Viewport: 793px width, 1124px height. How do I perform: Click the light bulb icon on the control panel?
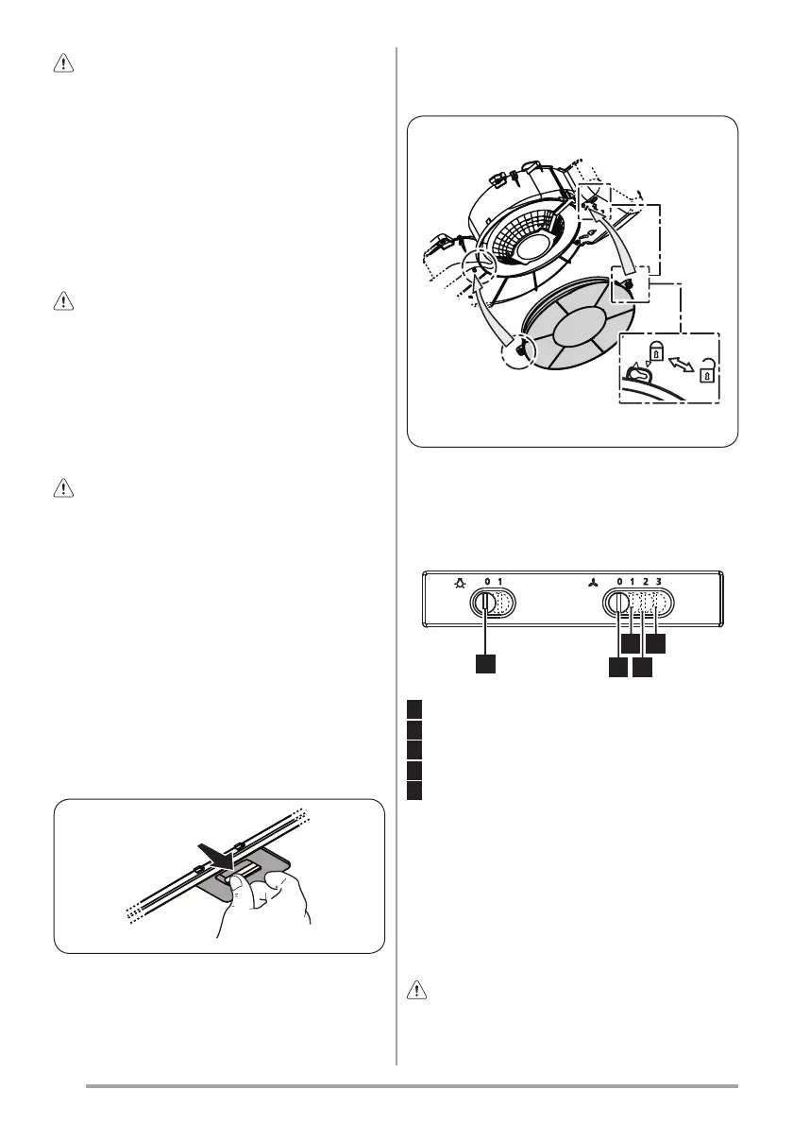pos(459,583)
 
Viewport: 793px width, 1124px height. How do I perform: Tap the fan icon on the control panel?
pos(591,583)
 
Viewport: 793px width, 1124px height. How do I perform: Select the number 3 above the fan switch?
pos(658,582)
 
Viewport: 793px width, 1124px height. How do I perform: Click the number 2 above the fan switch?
pos(646,582)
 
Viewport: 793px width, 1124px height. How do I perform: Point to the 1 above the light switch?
pos(499,582)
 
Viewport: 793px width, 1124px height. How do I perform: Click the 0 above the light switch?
pos(487,582)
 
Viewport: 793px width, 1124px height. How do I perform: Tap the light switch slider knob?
pos(485,603)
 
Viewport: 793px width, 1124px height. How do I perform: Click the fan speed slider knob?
pos(617,603)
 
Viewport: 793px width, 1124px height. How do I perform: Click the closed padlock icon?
pos(656,352)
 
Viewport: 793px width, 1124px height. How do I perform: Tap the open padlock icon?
pos(707,370)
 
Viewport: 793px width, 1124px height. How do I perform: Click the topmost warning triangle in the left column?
pos(64,64)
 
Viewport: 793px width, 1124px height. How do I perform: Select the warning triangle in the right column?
pos(416,991)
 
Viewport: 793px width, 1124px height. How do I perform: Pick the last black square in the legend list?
pos(414,791)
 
